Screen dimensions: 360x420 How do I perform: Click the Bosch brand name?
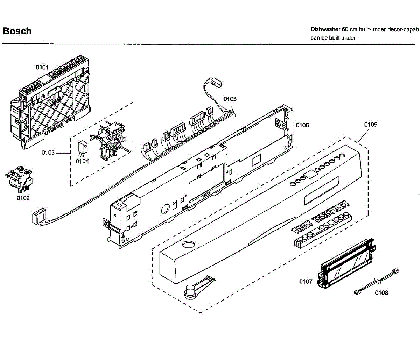point(17,31)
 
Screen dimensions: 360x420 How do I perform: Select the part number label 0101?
point(42,67)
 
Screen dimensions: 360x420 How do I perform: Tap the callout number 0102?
point(23,198)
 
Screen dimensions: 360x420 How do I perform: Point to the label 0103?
point(48,153)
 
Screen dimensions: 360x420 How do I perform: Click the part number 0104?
point(82,161)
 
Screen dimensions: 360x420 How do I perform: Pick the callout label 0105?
point(230,99)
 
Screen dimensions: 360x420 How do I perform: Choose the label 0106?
point(302,125)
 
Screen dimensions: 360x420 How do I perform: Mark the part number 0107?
point(306,281)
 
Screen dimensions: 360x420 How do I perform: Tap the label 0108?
point(381,293)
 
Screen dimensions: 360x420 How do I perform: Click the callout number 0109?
point(371,125)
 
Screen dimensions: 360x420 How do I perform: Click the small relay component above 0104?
point(82,148)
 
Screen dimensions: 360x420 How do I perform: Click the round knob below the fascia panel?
point(190,291)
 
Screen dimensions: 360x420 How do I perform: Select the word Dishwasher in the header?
point(325,29)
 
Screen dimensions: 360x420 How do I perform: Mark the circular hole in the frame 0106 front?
point(164,210)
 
